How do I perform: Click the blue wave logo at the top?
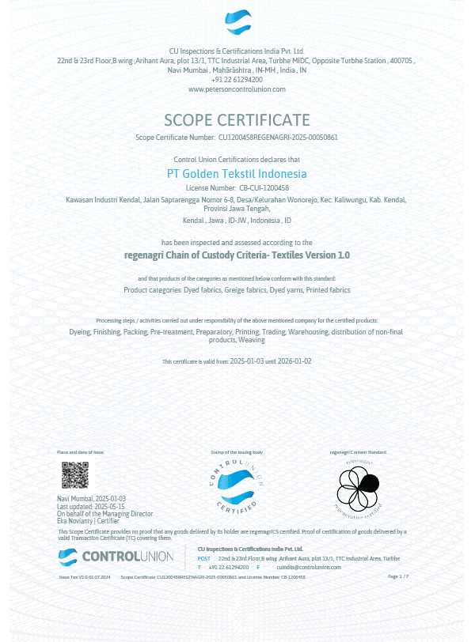(237, 22)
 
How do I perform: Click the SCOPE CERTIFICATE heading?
(237, 120)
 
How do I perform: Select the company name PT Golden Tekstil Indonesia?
(237, 173)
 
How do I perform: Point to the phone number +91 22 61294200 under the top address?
(237, 80)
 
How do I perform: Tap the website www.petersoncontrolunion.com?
(237, 89)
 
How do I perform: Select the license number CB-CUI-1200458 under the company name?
(264, 188)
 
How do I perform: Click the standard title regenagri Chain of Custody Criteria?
(237, 255)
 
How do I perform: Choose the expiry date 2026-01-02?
(294, 361)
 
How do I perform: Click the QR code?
(75, 475)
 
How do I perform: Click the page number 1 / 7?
(398, 577)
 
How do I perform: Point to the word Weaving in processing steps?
(252, 340)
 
